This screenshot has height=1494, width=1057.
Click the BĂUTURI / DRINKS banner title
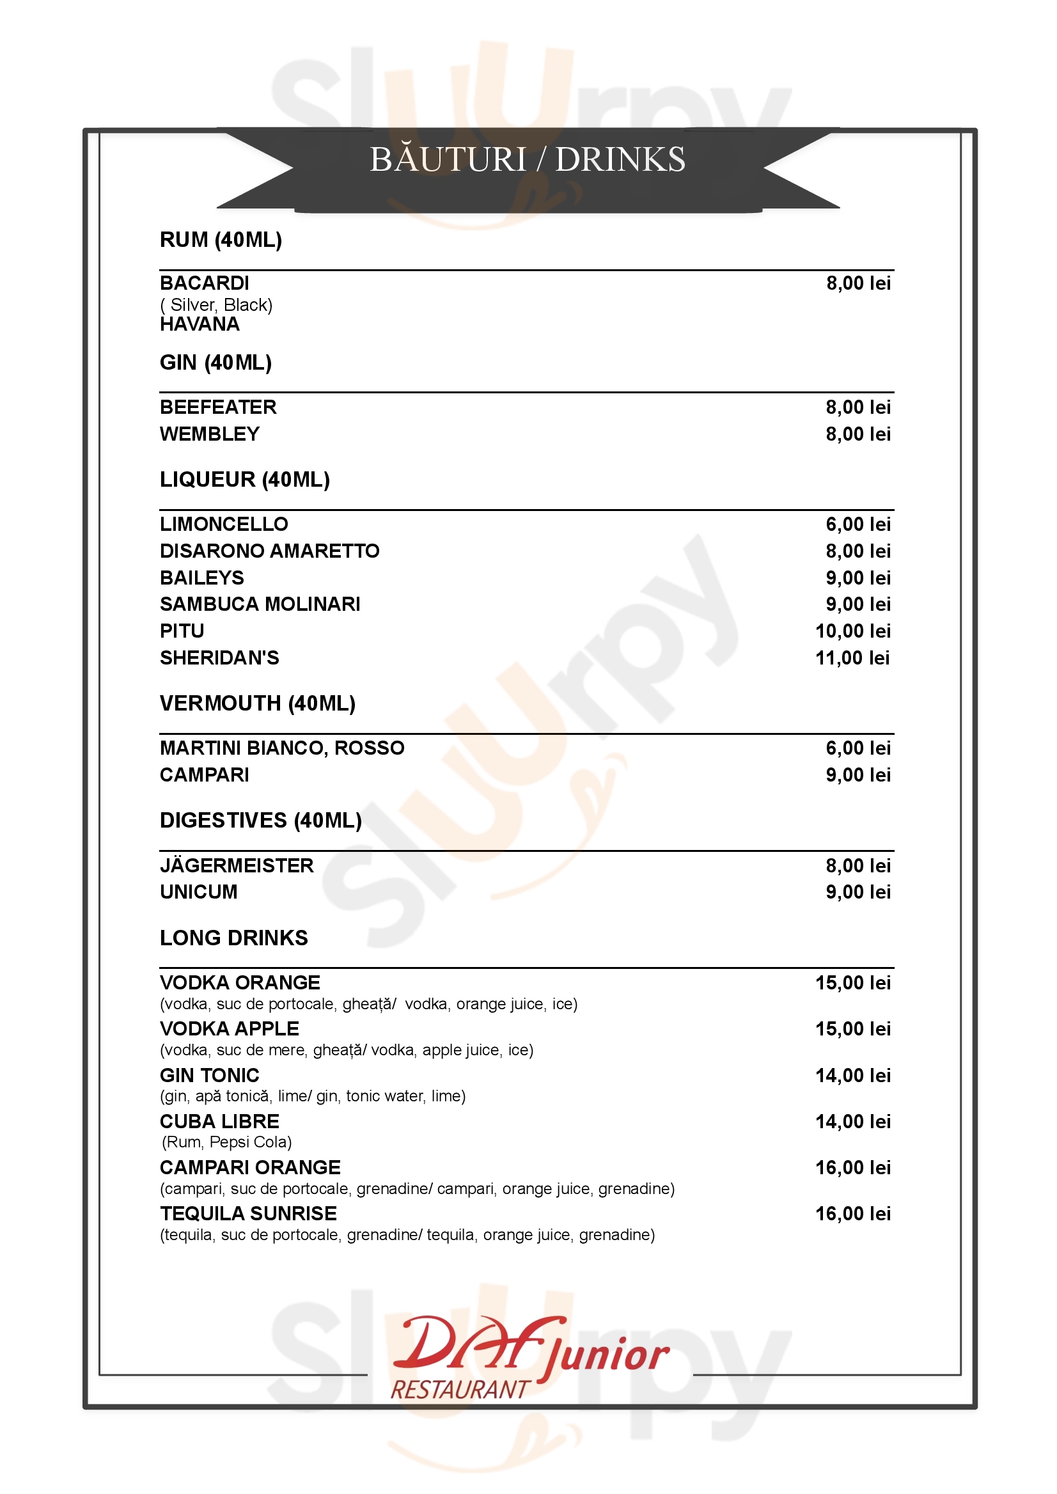[527, 159]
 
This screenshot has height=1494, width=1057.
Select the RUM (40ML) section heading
[221, 240]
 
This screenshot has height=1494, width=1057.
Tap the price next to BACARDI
[858, 283]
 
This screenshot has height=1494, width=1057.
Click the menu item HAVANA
[200, 324]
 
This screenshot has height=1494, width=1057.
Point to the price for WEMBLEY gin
[858, 434]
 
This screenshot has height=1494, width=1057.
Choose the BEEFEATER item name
[218, 407]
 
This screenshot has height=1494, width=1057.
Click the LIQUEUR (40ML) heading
[245, 480]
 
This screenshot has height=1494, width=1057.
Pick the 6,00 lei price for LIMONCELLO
[858, 524]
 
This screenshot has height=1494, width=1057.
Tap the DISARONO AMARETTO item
[269, 551]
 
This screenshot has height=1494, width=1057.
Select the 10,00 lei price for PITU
[852, 631]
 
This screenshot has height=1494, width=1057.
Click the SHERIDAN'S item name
[219, 658]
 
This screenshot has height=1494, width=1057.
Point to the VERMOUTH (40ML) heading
[258, 704]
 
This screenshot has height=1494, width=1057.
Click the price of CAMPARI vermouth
[858, 775]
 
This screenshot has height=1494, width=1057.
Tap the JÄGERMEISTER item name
[237, 866]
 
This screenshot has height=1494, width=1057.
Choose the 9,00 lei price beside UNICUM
[858, 892]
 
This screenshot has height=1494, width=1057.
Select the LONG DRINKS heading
[233, 938]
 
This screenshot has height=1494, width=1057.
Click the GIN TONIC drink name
[210, 1076]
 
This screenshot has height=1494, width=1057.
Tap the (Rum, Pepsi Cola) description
[226, 1142]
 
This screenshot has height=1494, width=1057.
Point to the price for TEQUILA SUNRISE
[852, 1214]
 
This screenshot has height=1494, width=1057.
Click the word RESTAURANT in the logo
[460, 1390]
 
